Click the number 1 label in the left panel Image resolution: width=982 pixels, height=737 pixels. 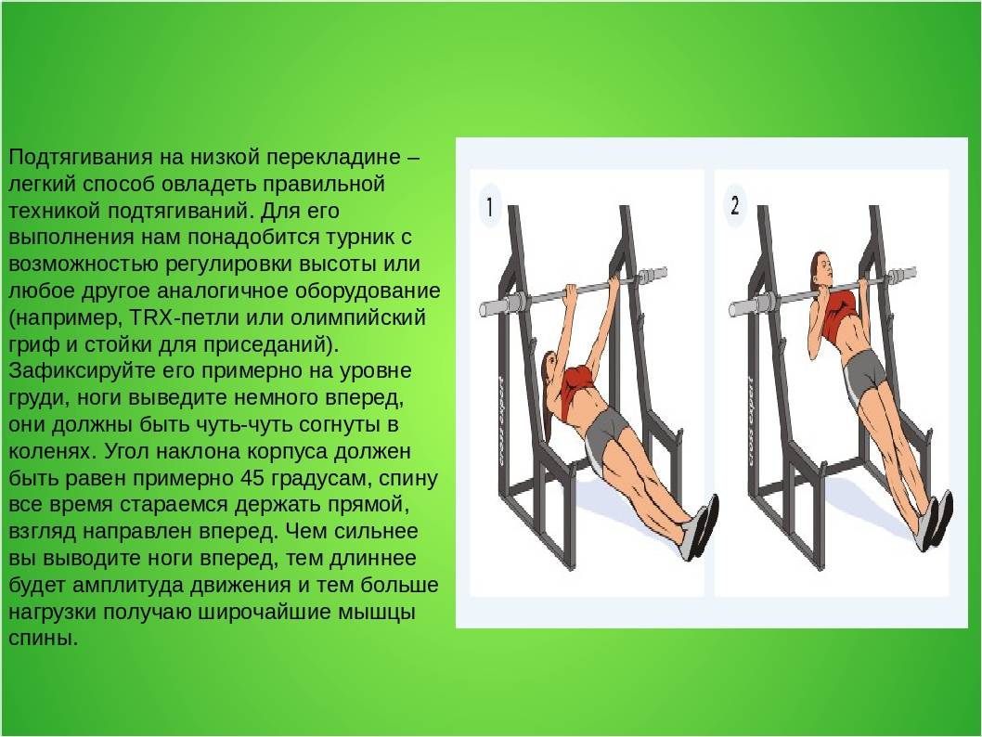click(490, 207)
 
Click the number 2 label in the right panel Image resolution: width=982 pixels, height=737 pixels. click(734, 205)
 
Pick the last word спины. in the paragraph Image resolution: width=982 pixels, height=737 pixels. click(44, 640)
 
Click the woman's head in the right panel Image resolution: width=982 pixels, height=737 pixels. click(821, 269)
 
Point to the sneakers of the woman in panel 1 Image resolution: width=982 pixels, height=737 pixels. click(700, 526)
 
